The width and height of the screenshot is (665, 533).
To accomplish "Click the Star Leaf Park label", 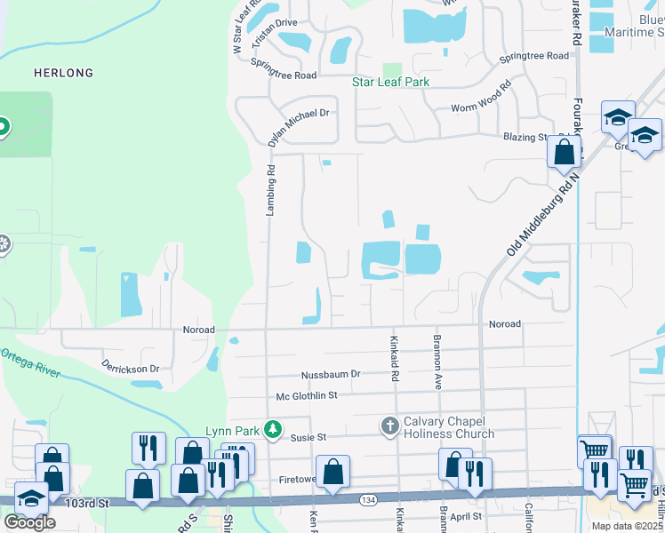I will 390,83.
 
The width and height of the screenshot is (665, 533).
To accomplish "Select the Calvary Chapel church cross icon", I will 389,426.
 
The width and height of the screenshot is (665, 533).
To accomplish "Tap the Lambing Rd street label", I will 270,189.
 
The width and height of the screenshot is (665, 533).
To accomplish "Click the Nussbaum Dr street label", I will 330,374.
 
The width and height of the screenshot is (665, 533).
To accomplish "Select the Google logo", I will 29,522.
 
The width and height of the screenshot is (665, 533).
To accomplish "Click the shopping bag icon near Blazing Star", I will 564,151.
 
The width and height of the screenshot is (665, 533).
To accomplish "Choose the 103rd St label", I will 85,503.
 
